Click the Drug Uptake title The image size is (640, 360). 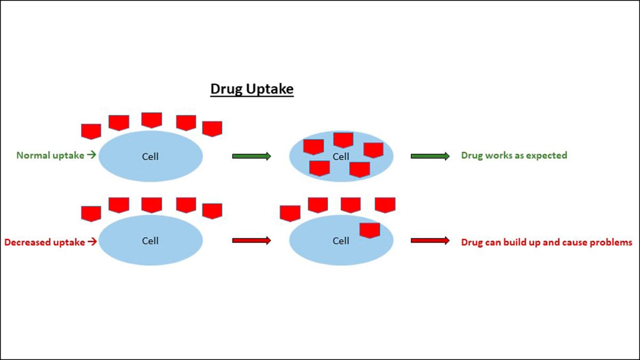pyautogui.click(x=252, y=89)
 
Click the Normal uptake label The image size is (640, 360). pyautogui.click(x=50, y=156)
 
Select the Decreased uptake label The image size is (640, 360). pyautogui.click(x=44, y=242)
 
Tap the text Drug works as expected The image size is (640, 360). pyautogui.click(x=514, y=156)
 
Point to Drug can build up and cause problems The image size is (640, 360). pyautogui.click(x=546, y=242)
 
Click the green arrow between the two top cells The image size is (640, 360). pyautogui.click(x=252, y=156)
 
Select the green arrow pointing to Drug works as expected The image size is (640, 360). pyautogui.click(x=430, y=156)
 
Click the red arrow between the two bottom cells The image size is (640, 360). pyautogui.click(x=252, y=241)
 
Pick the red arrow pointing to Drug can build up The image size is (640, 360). pyautogui.click(x=430, y=241)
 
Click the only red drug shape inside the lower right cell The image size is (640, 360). pyautogui.click(x=370, y=230)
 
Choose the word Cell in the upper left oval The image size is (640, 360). pyautogui.click(x=150, y=156)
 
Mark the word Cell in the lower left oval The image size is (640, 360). pyautogui.click(x=150, y=241)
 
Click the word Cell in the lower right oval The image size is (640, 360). pyautogui.click(x=341, y=241)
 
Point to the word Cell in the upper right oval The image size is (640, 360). pyautogui.click(x=341, y=156)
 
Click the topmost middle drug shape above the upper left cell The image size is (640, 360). pyautogui.click(x=151, y=119)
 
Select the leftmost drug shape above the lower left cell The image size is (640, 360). pyautogui.click(x=91, y=213)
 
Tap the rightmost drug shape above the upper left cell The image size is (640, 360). pyautogui.click(x=212, y=129)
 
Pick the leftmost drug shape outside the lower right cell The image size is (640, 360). pyautogui.click(x=290, y=213)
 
